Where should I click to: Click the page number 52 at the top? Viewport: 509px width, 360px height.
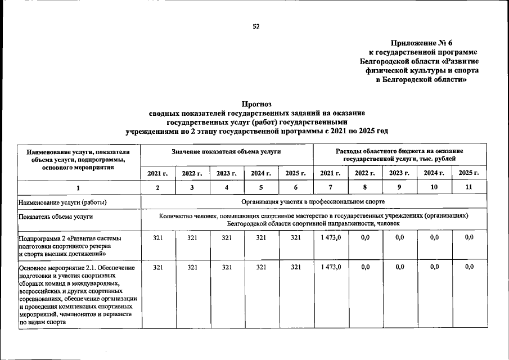pos(256,26)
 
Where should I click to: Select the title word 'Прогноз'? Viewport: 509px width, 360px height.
pos(256,104)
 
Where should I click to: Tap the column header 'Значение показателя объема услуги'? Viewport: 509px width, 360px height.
pos(226,152)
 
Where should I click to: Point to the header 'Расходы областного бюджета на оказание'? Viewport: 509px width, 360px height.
pos(399,152)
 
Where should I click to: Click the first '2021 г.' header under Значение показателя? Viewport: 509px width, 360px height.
pos(157,173)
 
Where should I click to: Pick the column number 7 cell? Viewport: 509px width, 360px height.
pos(331,187)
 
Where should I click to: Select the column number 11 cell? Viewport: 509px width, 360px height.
pos(469,187)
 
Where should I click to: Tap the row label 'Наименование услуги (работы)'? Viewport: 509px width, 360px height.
pos(63,202)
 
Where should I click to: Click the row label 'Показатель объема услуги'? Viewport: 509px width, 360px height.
pos(56,217)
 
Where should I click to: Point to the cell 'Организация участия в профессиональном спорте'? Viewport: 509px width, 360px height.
pos(313,202)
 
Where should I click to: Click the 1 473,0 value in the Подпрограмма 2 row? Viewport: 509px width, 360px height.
pos(331,238)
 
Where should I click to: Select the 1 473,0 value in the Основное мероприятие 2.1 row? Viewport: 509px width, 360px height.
pos(331,267)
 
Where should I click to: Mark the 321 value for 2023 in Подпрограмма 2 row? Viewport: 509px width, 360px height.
pos(227,238)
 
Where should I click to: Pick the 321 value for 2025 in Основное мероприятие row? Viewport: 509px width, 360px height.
pos(296,267)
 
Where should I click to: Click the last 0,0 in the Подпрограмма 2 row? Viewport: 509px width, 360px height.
pos(469,238)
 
